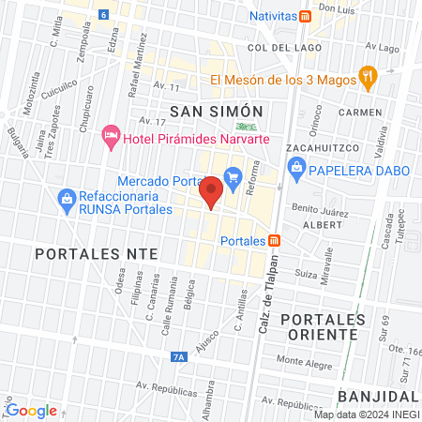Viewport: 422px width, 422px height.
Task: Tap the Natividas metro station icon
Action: tap(306, 17)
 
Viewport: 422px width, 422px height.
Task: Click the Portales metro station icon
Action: tap(274, 240)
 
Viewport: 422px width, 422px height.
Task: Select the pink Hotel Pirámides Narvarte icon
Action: tap(110, 138)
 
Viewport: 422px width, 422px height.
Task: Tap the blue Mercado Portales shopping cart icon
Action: tap(234, 173)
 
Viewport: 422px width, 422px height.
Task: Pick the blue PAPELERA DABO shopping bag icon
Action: tap(296, 169)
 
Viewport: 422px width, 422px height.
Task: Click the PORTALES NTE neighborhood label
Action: tap(80, 254)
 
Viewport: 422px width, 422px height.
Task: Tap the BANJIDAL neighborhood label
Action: tap(379, 394)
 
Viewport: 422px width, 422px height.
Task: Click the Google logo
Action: tap(31, 410)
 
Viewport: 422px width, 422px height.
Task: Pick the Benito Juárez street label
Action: tap(320, 213)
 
